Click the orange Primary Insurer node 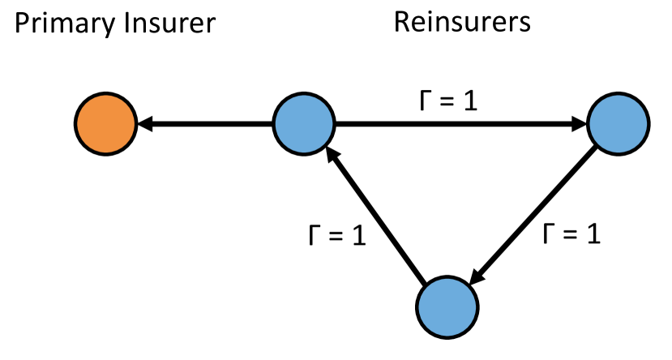tap(105, 125)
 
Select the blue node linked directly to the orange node tap(304, 125)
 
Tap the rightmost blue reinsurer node tap(617, 125)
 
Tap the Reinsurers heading tap(462, 22)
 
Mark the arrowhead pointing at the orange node tap(146, 125)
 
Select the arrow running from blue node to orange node tap(207, 125)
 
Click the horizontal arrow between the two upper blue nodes tap(454, 125)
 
